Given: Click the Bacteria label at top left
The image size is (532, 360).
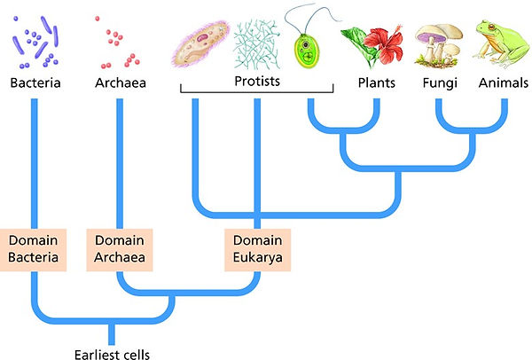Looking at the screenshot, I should click(35, 83).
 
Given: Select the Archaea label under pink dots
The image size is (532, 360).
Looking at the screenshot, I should click(118, 83).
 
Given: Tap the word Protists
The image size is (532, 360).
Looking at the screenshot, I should click(257, 80).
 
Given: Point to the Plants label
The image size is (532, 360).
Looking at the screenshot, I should click(376, 83).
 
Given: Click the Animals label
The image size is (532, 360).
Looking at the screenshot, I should click(503, 83).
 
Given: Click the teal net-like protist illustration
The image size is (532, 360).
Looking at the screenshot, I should click(257, 43).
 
